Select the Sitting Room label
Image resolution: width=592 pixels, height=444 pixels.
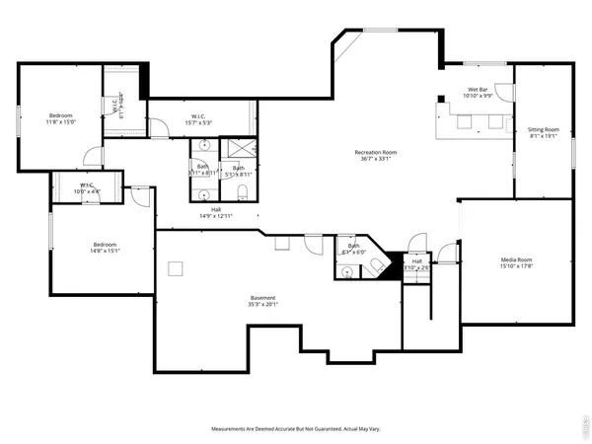point(543,133)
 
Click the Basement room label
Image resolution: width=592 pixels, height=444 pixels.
point(261,301)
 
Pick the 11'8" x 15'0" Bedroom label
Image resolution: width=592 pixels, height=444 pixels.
point(60,118)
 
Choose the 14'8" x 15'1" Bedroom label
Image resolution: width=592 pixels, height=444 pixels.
point(106,248)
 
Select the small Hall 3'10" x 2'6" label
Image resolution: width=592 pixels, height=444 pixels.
point(417,264)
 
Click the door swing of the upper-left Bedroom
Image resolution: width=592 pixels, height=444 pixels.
point(92,156)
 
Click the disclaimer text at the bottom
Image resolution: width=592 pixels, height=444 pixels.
point(295,429)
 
